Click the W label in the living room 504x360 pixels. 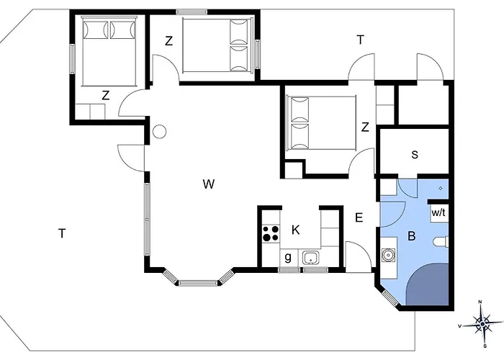point(209,184)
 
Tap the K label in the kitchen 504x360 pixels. point(296,230)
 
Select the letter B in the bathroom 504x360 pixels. point(411,236)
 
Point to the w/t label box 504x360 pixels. point(438,212)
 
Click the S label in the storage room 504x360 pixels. point(415,155)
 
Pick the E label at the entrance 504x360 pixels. point(359,217)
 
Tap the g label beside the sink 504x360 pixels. point(288,257)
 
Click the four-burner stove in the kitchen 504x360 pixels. point(271,234)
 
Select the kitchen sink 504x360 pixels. point(310,258)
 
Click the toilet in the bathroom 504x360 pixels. point(441,242)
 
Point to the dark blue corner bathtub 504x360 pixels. point(428,284)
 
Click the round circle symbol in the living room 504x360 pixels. point(159,132)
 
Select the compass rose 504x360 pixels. point(482,323)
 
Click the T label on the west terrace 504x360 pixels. point(62,233)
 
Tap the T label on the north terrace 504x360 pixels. point(361,40)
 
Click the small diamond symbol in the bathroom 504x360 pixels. point(441,188)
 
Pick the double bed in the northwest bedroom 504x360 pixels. point(109,51)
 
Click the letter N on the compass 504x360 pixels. point(480,302)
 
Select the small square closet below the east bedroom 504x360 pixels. point(294,171)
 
